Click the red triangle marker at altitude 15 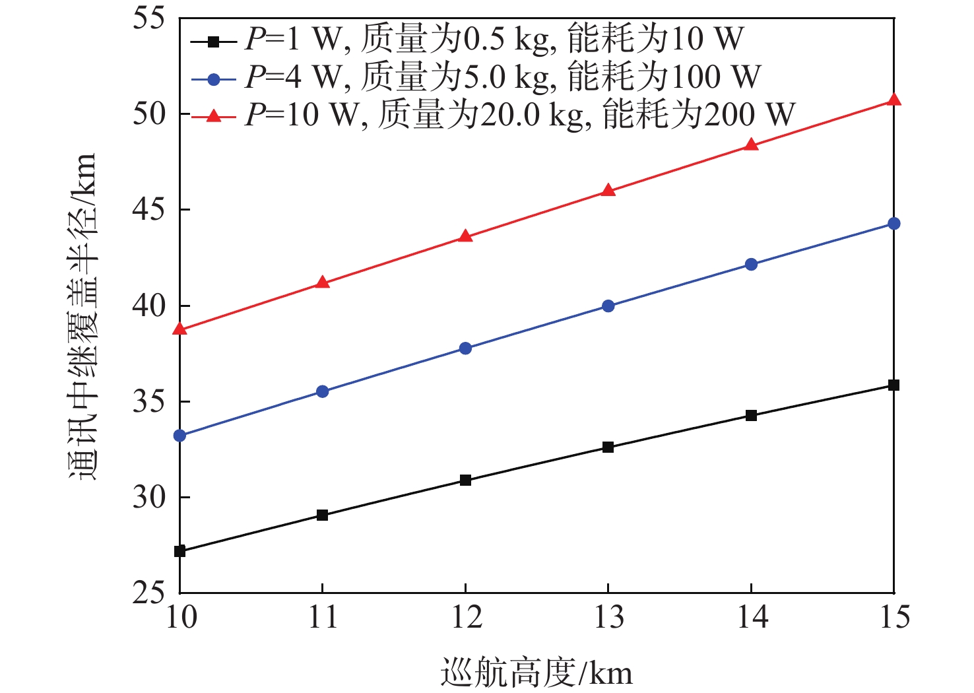tap(893, 100)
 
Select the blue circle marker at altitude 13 tap(608, 306)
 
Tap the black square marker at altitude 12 tap(465, 480)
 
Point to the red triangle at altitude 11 tap(323, 283)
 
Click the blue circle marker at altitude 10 tap(179, 436)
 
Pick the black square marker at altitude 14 tap(751, 416)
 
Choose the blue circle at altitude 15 tap(893, 224)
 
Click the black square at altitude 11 tap(323, 515)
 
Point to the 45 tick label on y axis tap(148, 210)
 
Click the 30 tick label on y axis tap(148, 498)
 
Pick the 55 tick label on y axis tap(148, 18)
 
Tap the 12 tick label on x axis tap(465, 618)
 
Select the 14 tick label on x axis tap(751, 618)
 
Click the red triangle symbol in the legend tap(213, 116)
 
